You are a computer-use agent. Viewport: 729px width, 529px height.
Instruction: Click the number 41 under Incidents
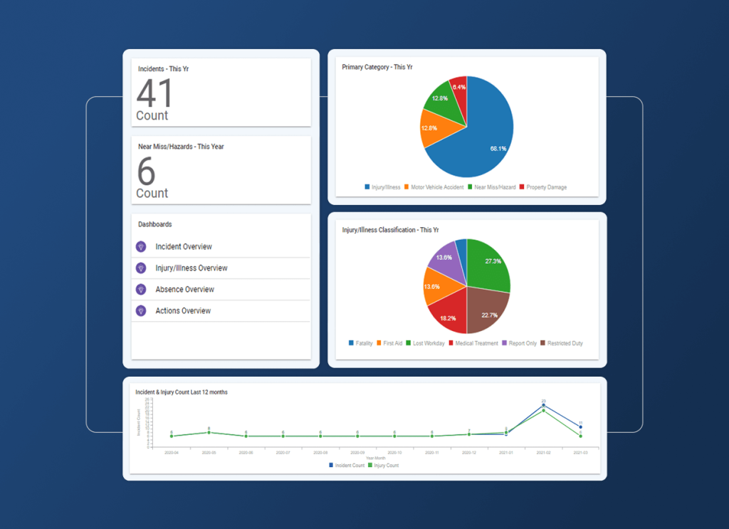coord(154,93)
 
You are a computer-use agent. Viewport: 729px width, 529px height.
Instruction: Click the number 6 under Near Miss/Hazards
coord(146,172)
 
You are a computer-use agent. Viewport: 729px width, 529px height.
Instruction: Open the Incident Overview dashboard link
coord(184,246)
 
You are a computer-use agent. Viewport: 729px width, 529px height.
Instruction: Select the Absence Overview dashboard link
coord(184,290)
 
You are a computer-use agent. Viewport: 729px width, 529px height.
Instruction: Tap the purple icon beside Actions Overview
coord(141,311)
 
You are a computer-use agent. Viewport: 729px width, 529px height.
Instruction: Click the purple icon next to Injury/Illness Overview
coord(141,268)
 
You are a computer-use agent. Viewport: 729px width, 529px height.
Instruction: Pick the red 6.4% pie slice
coord(459,89)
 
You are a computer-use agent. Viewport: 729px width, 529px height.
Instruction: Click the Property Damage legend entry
coord(546,187)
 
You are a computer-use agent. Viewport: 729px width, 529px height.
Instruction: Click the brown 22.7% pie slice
coord(488,310)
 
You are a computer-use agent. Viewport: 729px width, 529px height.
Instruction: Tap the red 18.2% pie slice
coord(449,313)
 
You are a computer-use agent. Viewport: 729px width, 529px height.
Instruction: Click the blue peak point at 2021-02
coord(543,405)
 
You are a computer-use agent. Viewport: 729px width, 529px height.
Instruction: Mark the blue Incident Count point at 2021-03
coord(580,426)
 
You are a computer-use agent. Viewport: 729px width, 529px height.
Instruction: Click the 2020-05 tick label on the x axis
coord(209,452)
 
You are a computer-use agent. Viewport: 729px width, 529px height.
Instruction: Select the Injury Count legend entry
coord(385,465)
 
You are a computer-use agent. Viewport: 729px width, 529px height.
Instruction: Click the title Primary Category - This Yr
coord(377,67)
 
